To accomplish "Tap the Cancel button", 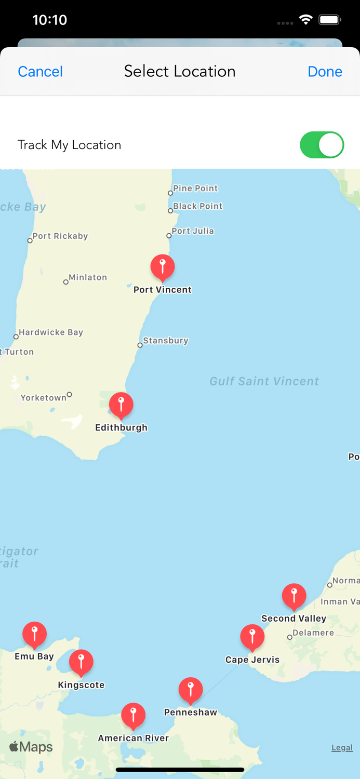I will [x=40, y=72].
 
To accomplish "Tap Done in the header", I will [x=325, y=72].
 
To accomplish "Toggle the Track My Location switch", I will [x=322, y=145].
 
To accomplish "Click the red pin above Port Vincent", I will [x=163, y=267].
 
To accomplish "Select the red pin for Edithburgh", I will [x=121, y=405].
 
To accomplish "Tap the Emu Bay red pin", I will [x=34, y=634].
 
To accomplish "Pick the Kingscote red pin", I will [x=81, y=662].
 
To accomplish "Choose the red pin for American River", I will [x=133, y=715].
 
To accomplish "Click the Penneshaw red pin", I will [x=191, y=690].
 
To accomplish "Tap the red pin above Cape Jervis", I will [x=252, y=637].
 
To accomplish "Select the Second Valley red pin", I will [x=294, y=596].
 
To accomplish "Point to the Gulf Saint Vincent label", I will [x=264, y=381].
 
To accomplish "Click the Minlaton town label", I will [x=88, y=277].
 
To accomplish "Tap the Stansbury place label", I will [x=165, y=341].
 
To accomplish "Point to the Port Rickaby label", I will [x=60, y=236].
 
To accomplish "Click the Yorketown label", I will [x=44, y=398].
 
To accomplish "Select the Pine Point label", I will [x=195, y=188].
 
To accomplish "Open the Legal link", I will [x=342, y=748].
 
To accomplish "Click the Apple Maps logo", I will [x=31, y=747].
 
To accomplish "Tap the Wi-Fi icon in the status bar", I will [x=306, y=20].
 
